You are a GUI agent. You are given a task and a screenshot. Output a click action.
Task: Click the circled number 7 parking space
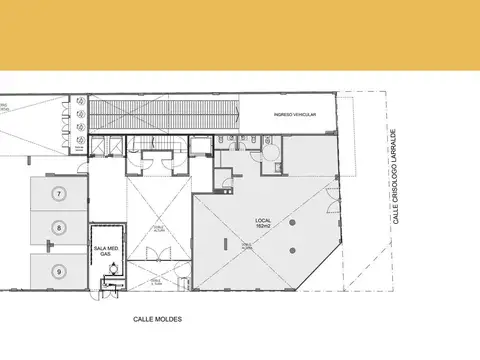59,192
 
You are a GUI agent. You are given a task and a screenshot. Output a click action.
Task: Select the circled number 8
59,229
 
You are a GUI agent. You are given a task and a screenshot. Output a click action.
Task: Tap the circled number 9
59,270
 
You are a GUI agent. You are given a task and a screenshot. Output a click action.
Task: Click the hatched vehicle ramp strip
164,114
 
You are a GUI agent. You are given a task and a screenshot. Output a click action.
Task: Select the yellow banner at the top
240,35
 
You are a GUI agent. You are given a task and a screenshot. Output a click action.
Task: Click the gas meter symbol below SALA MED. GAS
113,268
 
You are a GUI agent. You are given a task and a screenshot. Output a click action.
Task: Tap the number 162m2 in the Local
264,228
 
